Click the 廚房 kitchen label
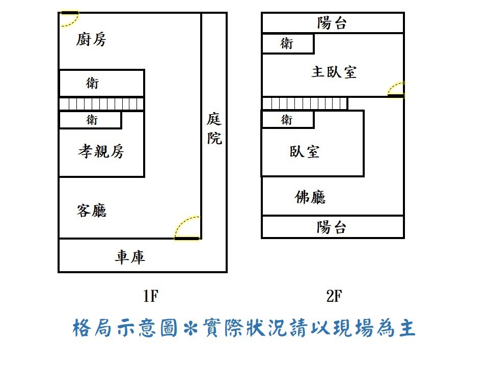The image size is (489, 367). tap(92, 39)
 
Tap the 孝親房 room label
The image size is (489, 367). tap(101, 151)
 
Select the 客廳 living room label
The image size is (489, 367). tap(92, 211)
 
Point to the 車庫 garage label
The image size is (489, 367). tap(130, 257)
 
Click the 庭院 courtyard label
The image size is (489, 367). tap(214, 129)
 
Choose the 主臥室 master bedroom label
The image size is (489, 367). tap(334, 72)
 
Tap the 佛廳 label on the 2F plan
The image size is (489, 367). tap(310, 197)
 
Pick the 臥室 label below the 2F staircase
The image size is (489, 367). tap(305, 151)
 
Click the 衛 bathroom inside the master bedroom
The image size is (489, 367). tap(287, 44)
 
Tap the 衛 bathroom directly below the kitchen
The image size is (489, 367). tap(92, 83)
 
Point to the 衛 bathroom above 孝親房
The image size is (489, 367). tap(92, 120)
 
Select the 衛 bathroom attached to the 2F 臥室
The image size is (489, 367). tap(287, 120)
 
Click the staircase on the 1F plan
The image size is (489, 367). tap(101, 104)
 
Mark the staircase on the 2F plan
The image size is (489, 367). tap(305, 104)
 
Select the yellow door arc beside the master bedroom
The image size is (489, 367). tap(396, 89)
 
